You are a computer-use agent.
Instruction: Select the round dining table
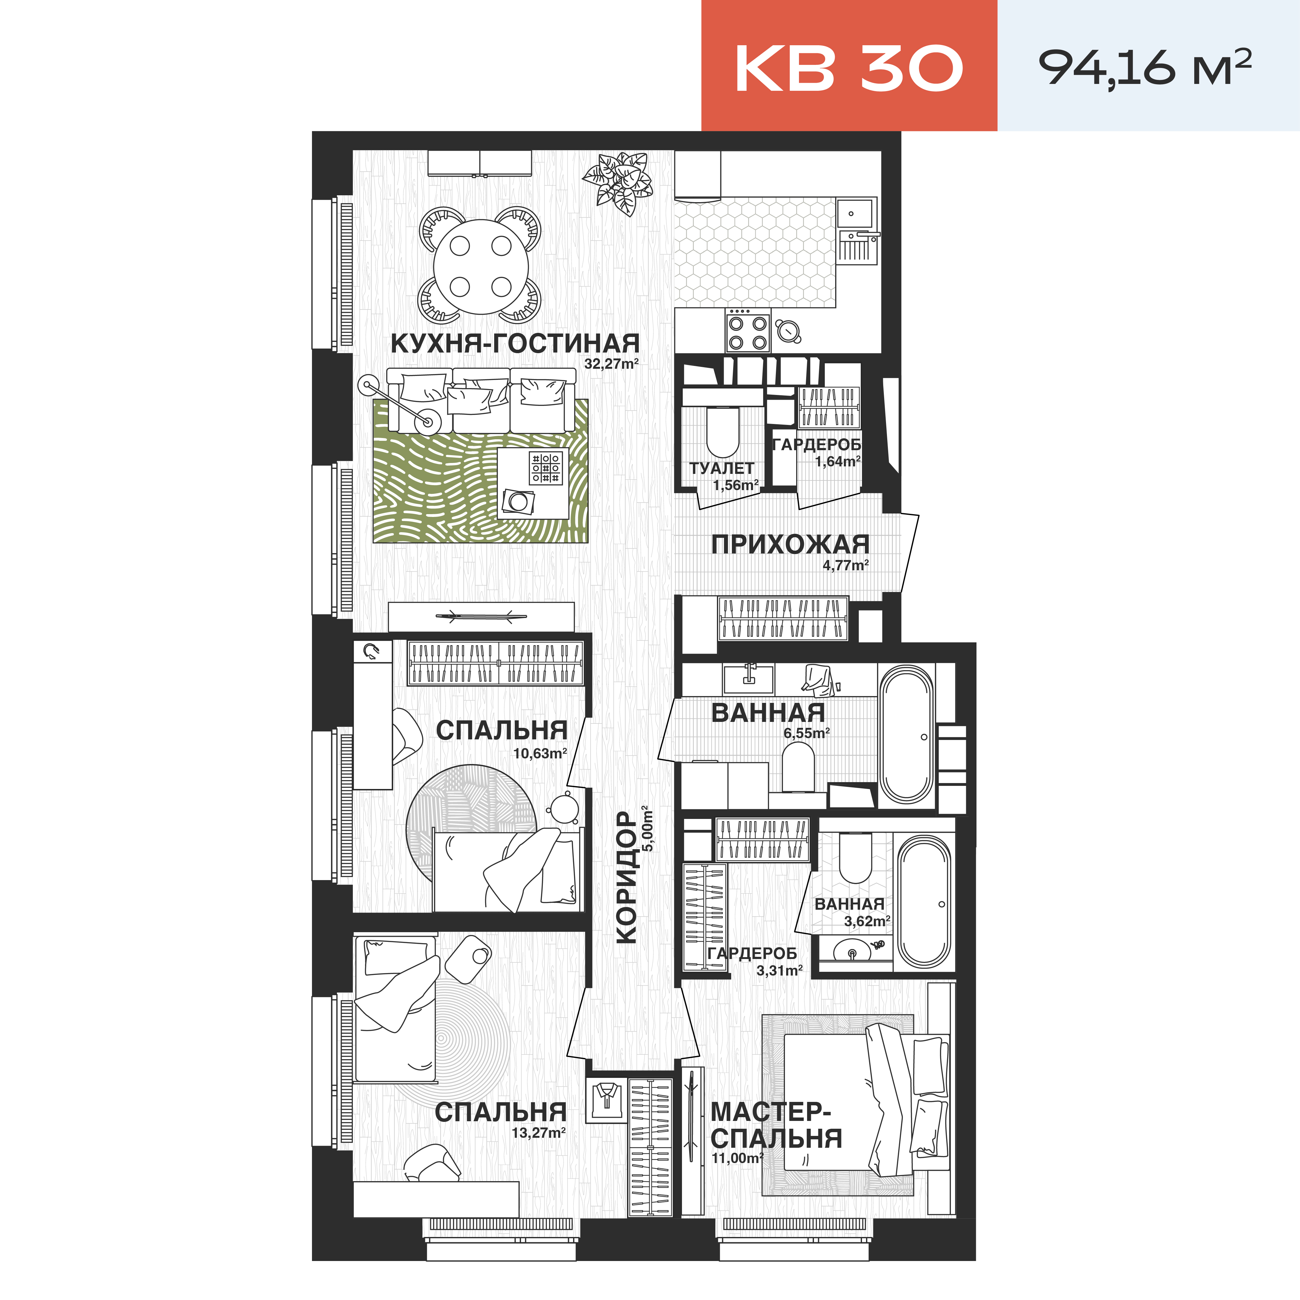tap(480, 266)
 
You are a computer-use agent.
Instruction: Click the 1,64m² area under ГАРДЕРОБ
tap(838, 462)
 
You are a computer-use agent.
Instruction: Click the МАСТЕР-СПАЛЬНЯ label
tap(776, 1126)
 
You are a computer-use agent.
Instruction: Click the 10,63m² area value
tap(540, 754)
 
